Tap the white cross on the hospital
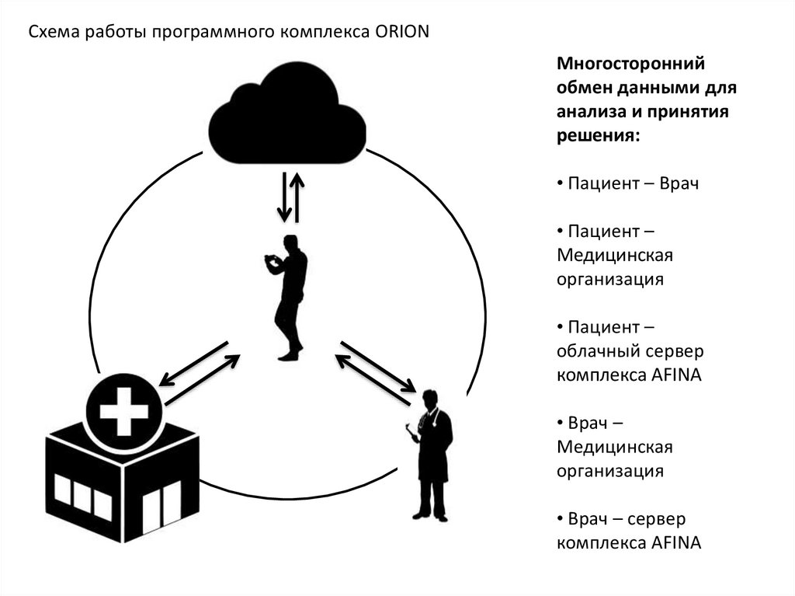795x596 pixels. [120, 412]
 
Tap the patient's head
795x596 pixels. [291, 242]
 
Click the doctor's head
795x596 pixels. [430, 399]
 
